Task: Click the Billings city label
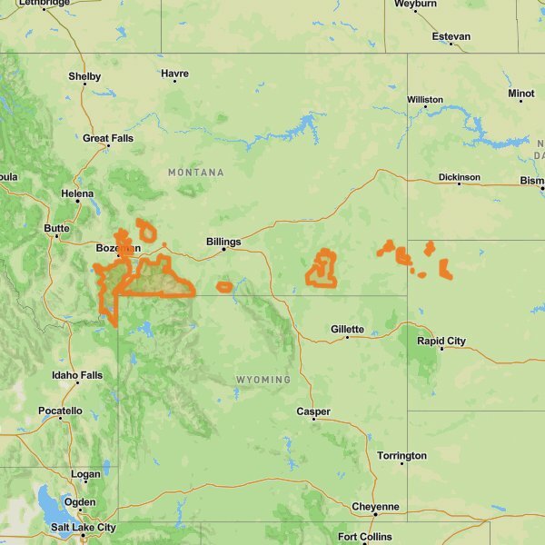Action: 223,242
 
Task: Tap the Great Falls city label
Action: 108,138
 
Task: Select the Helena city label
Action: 77,193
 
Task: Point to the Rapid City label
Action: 441,341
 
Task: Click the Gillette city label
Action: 347,329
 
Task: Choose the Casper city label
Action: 313,411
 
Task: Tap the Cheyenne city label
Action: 376,506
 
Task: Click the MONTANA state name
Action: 195,172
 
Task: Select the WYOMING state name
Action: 263,379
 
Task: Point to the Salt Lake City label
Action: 83,527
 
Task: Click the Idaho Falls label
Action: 77,375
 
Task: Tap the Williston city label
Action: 425,99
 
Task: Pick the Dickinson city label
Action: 459,176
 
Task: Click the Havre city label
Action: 174,73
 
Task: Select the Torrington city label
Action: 401,455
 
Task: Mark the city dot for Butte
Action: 59,239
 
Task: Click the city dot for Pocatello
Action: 61,419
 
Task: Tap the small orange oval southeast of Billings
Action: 224,287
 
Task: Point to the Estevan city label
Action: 451,36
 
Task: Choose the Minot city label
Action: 521,94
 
